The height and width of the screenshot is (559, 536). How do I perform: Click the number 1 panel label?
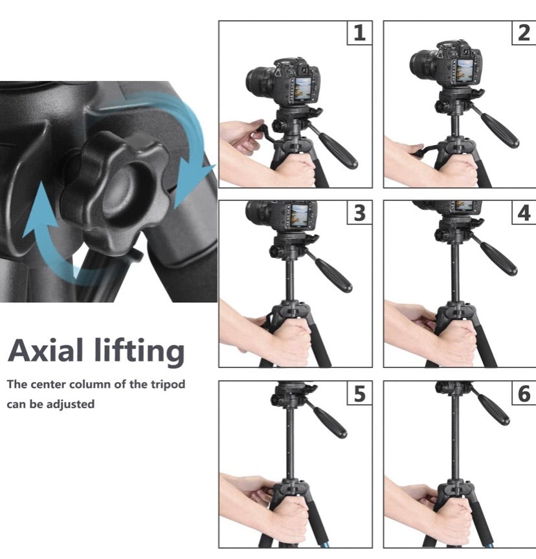tap(359, 34)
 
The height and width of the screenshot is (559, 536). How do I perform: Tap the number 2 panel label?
tap(524, 34)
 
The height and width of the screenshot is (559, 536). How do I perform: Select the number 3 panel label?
tap(360, 213)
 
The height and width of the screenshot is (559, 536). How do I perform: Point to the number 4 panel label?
tap(524, 213)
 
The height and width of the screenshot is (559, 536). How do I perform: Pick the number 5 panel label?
tap(360, 393)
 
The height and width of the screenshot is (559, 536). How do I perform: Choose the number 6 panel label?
tap(524, 393)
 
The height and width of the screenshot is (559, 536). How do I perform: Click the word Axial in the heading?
tap(51, 351)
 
